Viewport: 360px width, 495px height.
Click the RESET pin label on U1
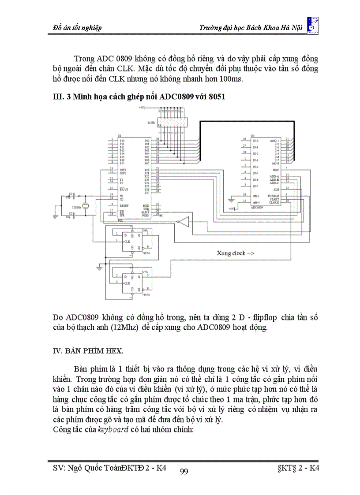click(x=124, y=205)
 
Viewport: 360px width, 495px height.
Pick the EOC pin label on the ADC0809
click(x=276, y=170)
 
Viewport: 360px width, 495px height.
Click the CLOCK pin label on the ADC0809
click(x=274, y=202)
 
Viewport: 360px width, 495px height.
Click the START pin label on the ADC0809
click(x=274, y=199)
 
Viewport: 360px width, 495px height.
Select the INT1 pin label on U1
click(x=122, y=170)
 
